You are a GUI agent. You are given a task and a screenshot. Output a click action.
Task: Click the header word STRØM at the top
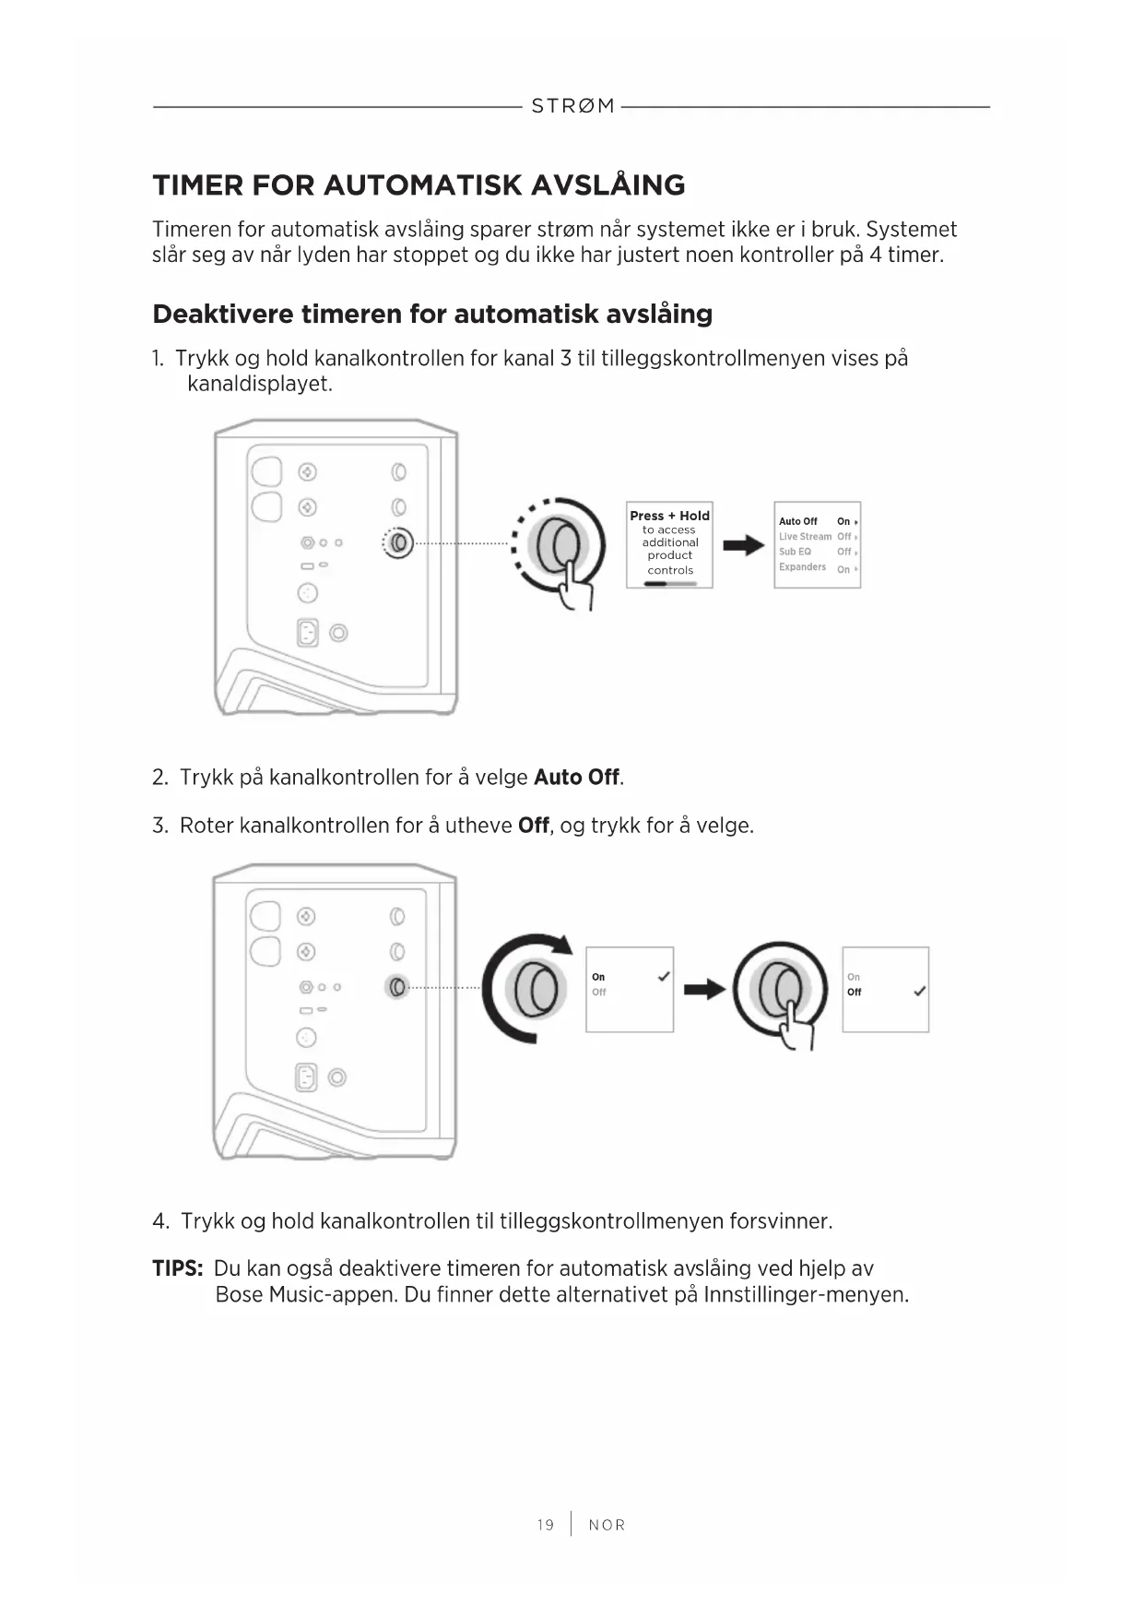572,106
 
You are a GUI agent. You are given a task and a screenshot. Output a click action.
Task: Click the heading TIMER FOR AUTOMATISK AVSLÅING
419,185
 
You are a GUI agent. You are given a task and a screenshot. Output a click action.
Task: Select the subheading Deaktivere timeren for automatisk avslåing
432,315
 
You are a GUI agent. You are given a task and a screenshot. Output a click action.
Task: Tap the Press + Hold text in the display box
669,516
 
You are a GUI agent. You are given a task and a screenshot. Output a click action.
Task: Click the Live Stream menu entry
805,536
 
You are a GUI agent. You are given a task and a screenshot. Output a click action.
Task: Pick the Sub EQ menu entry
795,552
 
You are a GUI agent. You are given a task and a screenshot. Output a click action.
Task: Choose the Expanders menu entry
802,567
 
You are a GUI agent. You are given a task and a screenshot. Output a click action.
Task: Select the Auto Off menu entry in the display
798,521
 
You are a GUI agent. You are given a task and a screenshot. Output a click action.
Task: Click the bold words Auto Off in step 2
576,778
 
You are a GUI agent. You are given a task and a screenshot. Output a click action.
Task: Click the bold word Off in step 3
534,826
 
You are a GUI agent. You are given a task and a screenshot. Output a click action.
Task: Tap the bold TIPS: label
177,1269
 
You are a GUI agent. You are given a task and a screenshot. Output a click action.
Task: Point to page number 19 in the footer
546,1525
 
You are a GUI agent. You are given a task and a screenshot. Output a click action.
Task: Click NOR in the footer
607,1525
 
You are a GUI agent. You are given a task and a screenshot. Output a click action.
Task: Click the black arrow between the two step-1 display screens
743,546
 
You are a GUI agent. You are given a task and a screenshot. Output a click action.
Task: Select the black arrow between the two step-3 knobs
704,990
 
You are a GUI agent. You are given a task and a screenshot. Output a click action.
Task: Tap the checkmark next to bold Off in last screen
919,993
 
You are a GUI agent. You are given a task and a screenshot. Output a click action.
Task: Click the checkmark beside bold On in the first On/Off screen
664,977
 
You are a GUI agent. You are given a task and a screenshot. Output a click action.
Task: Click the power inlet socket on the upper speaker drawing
307,633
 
